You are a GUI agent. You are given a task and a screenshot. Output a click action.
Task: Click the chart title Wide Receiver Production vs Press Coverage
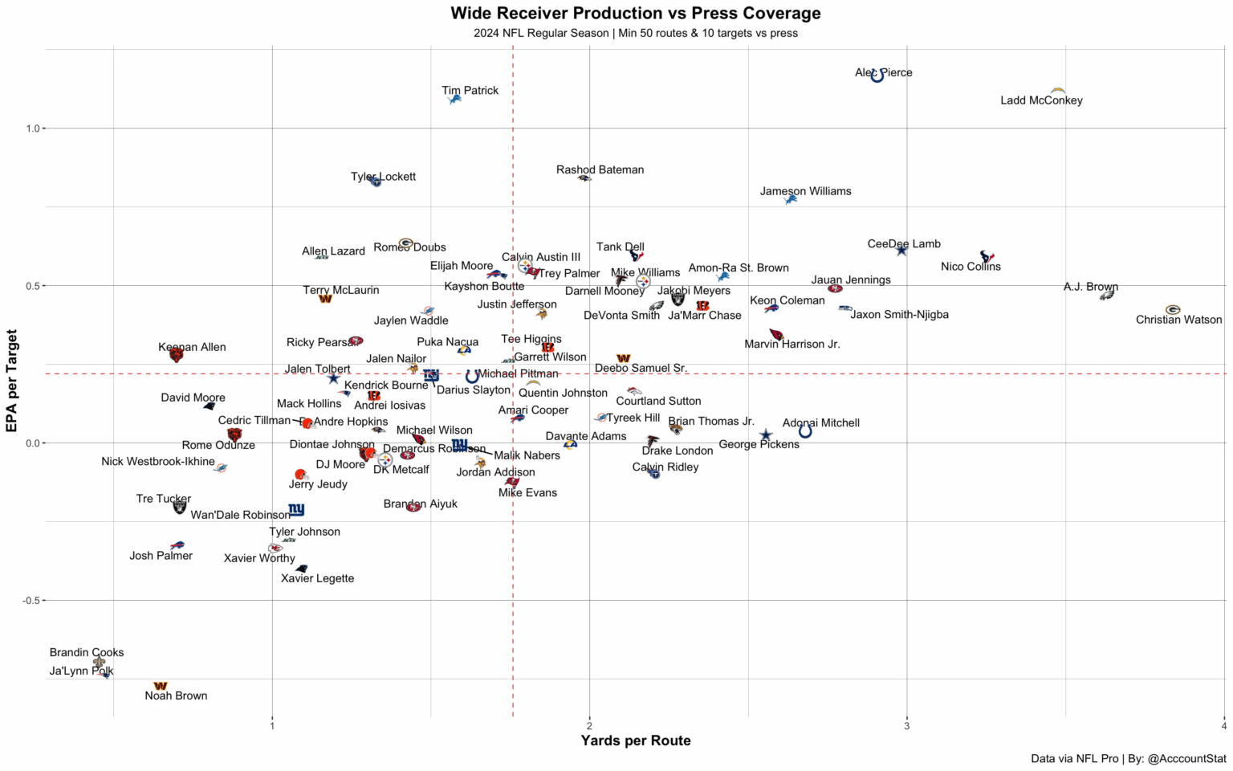tap(635, 14)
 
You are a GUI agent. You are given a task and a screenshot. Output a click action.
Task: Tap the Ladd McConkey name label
tap(1041, 100)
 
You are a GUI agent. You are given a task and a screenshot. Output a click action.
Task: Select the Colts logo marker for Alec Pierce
tap(877, 75)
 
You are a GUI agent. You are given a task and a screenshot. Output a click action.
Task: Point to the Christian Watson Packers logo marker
tap(1173, 309)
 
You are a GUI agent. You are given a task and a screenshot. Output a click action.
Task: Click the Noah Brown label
tap(176, 696)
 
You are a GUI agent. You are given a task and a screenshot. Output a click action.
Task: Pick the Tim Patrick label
tap(470, 91)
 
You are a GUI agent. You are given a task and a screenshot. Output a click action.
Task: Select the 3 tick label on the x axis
tap(907, 726)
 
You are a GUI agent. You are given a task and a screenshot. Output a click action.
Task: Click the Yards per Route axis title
tap(635, 740)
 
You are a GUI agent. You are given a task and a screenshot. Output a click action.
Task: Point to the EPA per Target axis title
tap(12, 381)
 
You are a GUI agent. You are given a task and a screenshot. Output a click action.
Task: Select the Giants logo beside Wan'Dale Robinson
tap(296, 510)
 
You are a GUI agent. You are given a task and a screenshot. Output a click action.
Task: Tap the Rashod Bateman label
tap(600, 169)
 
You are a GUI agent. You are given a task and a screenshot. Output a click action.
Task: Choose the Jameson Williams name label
tap(805, 191)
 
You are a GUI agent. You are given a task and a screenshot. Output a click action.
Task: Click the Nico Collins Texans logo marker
tap(987, 257)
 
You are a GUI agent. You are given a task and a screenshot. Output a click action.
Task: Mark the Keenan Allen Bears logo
tap(176, 354)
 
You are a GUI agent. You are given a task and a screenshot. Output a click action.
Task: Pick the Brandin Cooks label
tap(87, 652)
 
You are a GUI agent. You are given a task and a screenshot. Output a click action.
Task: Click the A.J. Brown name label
tap(1090, 287)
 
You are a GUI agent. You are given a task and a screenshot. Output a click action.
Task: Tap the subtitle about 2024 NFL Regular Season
tap(635, 34)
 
